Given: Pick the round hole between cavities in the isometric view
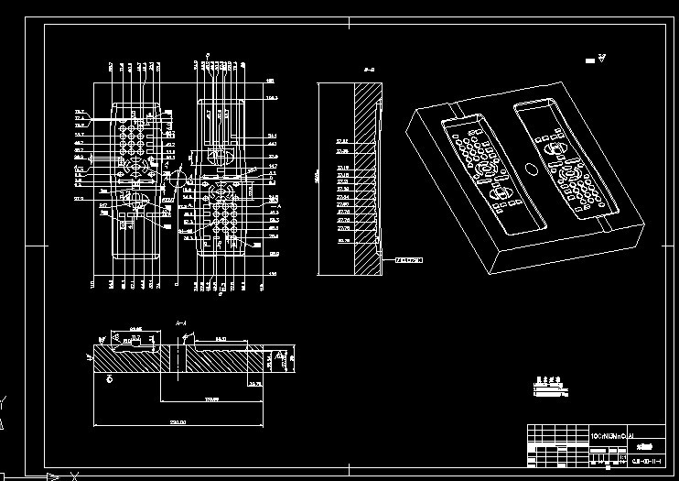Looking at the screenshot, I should click(x=531, y=169).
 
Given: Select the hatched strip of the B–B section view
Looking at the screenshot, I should click(x=368, y=174).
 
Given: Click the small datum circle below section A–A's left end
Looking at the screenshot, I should click(x=110, y=377).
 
